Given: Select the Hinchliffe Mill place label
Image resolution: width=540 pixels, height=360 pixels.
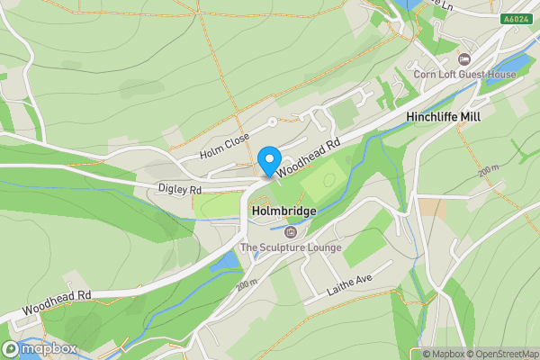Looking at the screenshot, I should coord(444,118).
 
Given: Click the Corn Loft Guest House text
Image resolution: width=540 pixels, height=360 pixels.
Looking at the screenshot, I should coord(465,75).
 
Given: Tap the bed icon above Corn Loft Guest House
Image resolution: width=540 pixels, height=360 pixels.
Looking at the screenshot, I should coord(465,59).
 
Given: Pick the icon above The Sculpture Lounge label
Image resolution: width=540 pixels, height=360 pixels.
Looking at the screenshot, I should coord(289,232).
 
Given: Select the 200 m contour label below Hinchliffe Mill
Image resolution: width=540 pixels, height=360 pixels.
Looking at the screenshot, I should coord(489,169).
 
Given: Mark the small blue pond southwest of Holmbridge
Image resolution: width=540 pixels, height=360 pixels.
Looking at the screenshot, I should coord(229,261).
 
